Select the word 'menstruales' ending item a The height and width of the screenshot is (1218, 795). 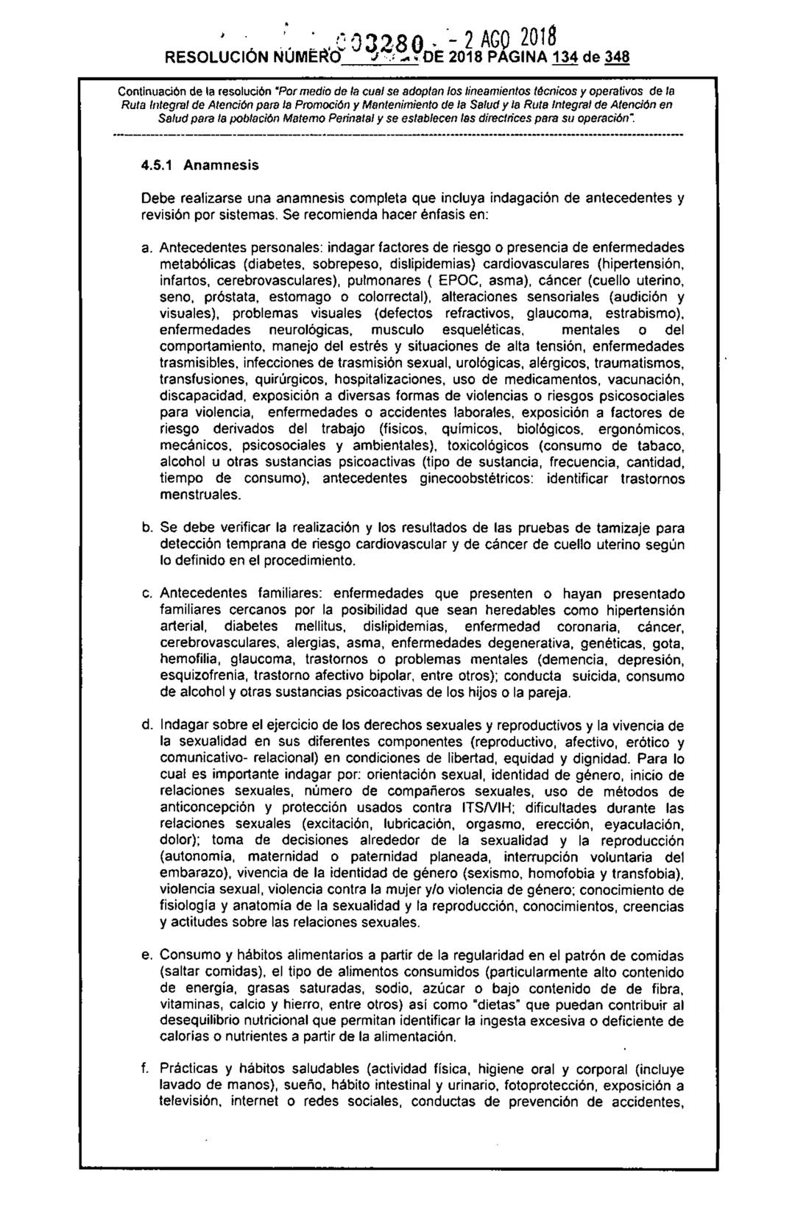click(x=197, y=495)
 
